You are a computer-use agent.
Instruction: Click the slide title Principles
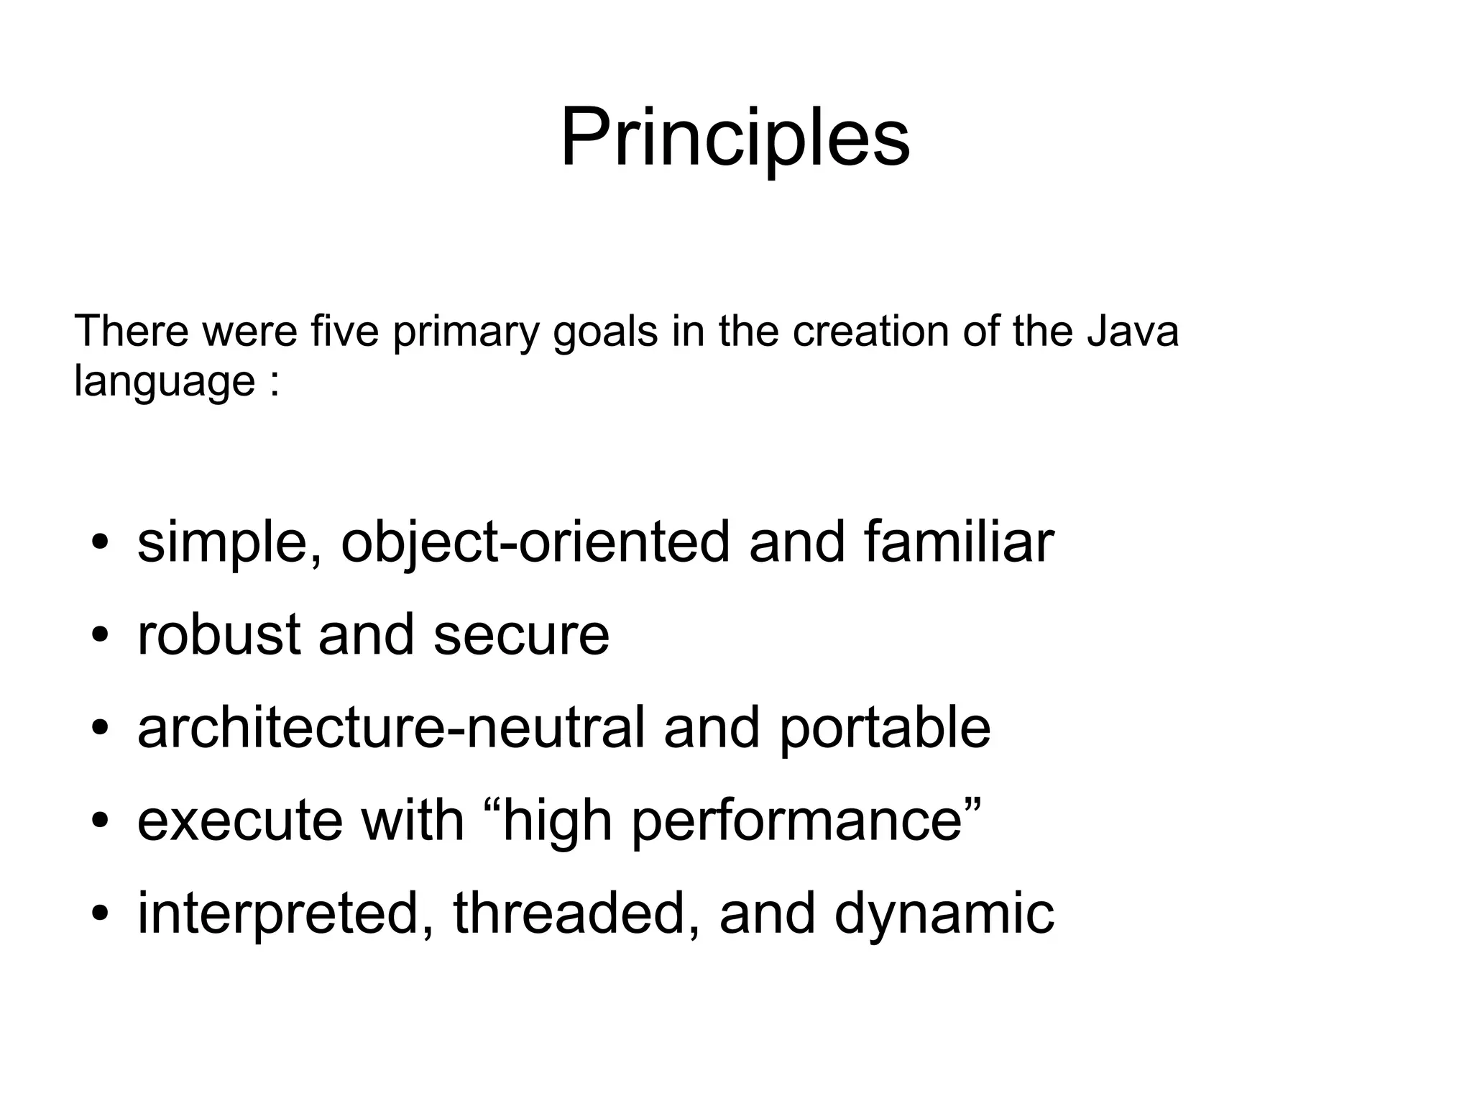735,137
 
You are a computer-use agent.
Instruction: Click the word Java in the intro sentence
1132,332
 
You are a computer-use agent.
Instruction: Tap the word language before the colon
165,381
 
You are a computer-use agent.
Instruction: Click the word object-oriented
535,542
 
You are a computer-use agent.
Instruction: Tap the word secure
521,636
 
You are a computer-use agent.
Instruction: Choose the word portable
884,729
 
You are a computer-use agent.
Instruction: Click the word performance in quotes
796,822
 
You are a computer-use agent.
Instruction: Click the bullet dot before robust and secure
101,636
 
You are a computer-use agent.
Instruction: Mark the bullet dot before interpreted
101,914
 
